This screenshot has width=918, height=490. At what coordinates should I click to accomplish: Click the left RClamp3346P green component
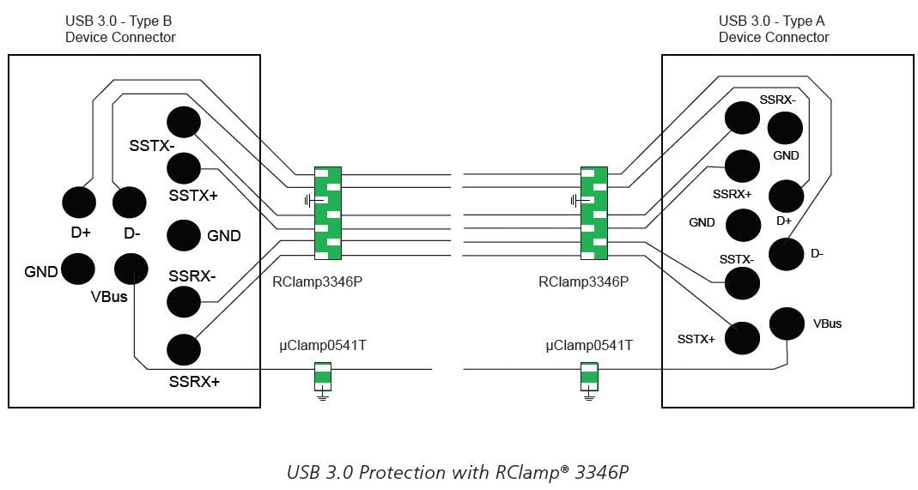pos(327,213)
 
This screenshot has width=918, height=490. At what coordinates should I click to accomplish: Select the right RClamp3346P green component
pos(593,213)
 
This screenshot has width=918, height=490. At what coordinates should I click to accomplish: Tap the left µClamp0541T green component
pos(323,375)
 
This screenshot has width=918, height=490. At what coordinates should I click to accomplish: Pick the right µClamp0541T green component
pos(589,375)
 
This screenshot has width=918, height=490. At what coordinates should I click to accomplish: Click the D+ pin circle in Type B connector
pos(79,203)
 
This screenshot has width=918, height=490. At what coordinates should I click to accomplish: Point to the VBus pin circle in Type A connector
pos(787,324)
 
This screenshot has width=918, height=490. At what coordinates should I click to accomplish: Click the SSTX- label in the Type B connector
pos(152,146)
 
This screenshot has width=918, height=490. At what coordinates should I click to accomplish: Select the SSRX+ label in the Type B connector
pos(193,381)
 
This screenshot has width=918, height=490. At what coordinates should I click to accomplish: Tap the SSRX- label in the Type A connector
pos(777,100)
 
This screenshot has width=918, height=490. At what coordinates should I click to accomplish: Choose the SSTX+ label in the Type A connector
pos(696,339)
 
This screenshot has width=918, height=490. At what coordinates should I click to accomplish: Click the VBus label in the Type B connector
pos(109,297)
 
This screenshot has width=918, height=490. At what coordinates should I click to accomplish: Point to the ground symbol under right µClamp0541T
pos(589,396)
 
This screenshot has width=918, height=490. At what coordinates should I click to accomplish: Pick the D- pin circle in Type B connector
pos(131,203)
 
